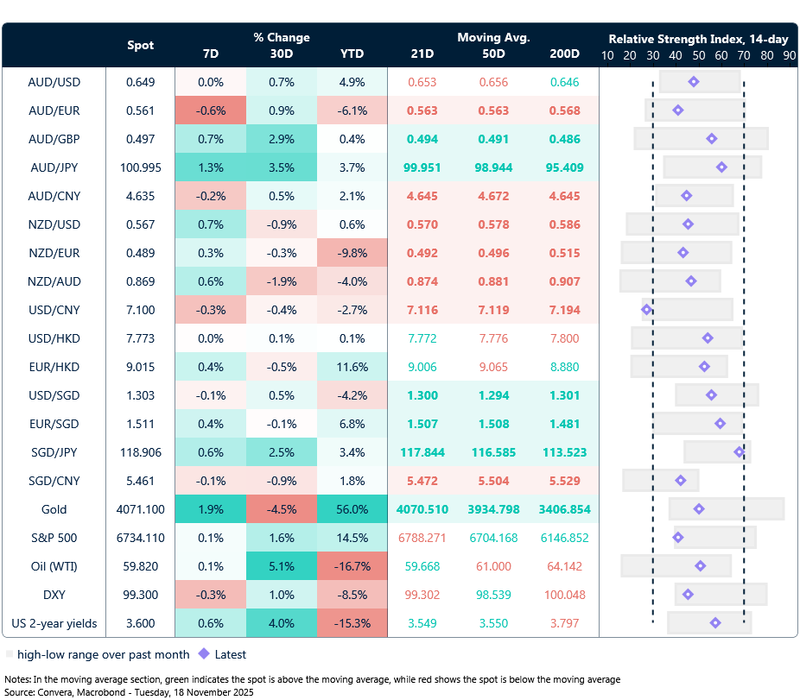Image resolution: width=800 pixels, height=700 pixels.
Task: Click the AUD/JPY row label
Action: pos(54,167)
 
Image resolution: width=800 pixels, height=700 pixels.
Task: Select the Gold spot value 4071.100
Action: pos(141,509)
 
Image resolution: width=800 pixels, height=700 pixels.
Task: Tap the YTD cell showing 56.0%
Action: pos(352,509)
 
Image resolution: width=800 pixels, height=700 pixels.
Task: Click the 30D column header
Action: pos(281,54)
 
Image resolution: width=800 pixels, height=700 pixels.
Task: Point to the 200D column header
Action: pos(564,54)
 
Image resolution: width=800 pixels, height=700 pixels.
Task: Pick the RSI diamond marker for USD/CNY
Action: pos(647,310)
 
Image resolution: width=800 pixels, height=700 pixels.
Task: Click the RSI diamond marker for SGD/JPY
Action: pos(740,452)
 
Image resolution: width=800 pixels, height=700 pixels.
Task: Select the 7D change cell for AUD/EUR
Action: pos(210,110)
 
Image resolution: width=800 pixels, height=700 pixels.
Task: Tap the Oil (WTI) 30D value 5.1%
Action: pos(281,566)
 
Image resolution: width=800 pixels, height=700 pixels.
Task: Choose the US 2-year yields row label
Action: pos(54,623)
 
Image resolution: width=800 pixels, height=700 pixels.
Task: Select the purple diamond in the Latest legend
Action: pos(205,654)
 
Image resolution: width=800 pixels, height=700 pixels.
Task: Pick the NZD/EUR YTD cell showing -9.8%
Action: pos(352,253)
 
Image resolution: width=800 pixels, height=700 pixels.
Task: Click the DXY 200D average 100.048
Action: pos(564,595)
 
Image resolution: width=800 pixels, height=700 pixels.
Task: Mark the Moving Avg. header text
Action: pos(493,37)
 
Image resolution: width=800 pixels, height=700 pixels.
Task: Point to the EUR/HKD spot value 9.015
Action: pos(141,367)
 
